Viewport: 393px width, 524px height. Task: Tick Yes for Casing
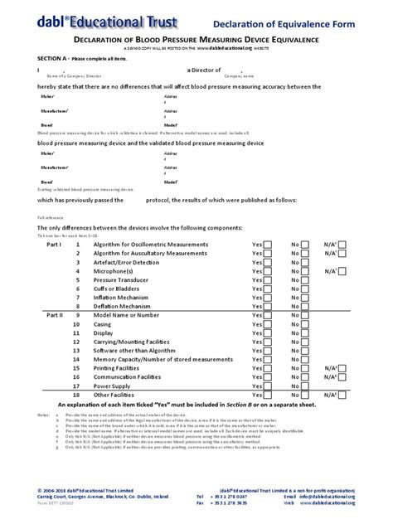pos(269,325)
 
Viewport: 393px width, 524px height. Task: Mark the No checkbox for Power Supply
pos(305,386)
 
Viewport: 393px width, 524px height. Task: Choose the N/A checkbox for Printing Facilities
pos(342,368)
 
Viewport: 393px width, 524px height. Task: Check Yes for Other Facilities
pos(269,395)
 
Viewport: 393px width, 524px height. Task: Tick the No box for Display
pos(305,333)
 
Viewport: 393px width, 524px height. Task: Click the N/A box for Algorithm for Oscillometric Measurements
pos(342,245)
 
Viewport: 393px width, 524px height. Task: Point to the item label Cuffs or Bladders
pos(118,289)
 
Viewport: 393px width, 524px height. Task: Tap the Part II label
pos(54,315)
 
